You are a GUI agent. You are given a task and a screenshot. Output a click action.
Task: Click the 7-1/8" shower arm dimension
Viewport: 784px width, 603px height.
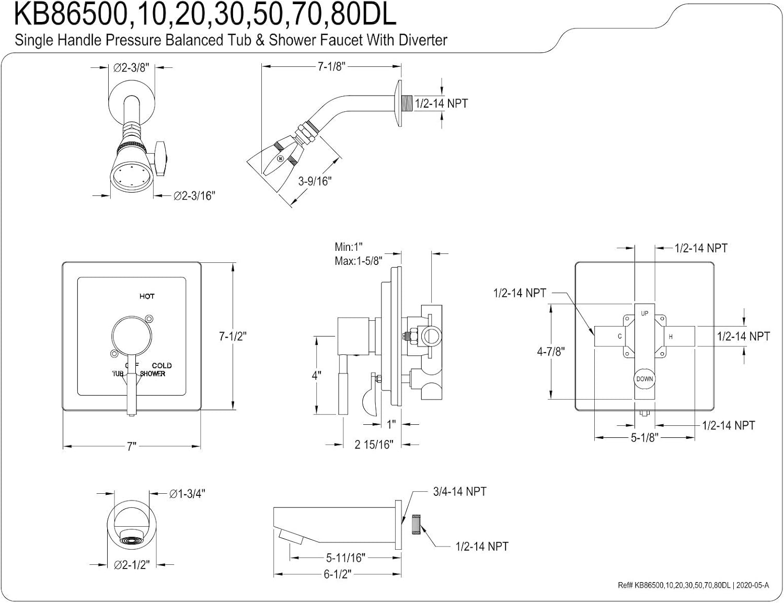coord(331,67)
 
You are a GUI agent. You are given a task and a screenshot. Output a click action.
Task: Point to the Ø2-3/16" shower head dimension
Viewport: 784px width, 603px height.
coord(194,195)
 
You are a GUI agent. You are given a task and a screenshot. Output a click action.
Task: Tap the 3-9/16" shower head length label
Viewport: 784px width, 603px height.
coord(315,181)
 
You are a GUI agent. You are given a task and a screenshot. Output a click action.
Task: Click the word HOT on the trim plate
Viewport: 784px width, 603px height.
coord(147,296)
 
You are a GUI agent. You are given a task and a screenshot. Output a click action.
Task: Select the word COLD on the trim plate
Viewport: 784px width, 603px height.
coord(162,365)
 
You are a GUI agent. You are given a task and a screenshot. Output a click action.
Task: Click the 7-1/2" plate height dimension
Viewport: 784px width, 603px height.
coord(232,336)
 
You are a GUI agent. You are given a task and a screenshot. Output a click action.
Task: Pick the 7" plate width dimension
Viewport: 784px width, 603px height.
coord(131,446)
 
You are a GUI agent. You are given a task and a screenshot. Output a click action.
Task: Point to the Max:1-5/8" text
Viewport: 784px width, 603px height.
coord(359,260)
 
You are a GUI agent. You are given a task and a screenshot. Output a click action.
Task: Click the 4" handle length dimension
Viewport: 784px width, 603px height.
coord(316,375)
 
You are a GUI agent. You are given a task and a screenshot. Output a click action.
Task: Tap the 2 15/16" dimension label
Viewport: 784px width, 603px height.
coord(373,444)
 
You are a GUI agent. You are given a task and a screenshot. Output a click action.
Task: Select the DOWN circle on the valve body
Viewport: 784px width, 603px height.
coord(644,379)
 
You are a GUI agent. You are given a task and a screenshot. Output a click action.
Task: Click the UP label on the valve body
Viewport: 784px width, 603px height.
coord(644,313)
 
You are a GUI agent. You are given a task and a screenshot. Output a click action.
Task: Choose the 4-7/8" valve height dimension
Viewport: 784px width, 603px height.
coord(551,351)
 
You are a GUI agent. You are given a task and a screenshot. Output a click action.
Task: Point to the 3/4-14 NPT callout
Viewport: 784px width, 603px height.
coord(459,491)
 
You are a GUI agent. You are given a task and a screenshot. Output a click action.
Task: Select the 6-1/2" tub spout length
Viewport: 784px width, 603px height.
coord(337,574)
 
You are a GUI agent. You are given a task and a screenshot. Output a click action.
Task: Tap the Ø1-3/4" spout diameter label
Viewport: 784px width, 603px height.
coord(187,493)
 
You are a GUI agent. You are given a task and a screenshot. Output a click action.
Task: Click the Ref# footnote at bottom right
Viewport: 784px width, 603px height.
coord(693,585)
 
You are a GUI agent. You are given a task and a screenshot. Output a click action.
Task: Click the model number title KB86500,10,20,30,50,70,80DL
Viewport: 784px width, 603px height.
coord(205,16)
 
